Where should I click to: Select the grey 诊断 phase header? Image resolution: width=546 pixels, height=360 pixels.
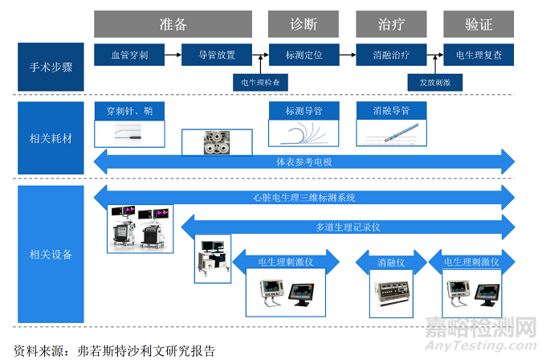(x=304, y=24)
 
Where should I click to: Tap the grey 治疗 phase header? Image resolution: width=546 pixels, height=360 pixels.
(x=391, y=24)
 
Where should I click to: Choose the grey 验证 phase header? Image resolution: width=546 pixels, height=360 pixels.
(x=479, y=24)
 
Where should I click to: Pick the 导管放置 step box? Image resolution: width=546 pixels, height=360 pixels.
(x=217, y=56)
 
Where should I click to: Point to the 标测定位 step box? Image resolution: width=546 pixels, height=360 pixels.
(x=304, y=56)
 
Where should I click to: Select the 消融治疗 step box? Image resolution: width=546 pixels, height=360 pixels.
(x=391, y=56)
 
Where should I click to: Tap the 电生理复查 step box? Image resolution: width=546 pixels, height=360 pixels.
(x=479, y=56)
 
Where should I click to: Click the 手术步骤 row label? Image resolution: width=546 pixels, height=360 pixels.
(x=51, y=67)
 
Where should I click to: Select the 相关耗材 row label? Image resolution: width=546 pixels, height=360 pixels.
(x=51, y=138)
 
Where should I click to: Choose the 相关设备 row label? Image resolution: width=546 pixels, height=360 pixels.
(x=51, y=255)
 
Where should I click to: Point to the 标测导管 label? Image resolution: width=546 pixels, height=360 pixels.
(x=304, y=109)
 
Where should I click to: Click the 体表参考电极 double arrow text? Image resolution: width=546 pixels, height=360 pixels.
(x=304, y=162)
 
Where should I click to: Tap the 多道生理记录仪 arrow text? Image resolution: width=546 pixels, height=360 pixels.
(x=348, y=227)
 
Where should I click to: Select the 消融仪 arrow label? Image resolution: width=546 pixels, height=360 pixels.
(x=390, y=262)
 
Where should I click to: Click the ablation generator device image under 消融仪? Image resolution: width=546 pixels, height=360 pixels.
(x=390, y=293)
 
